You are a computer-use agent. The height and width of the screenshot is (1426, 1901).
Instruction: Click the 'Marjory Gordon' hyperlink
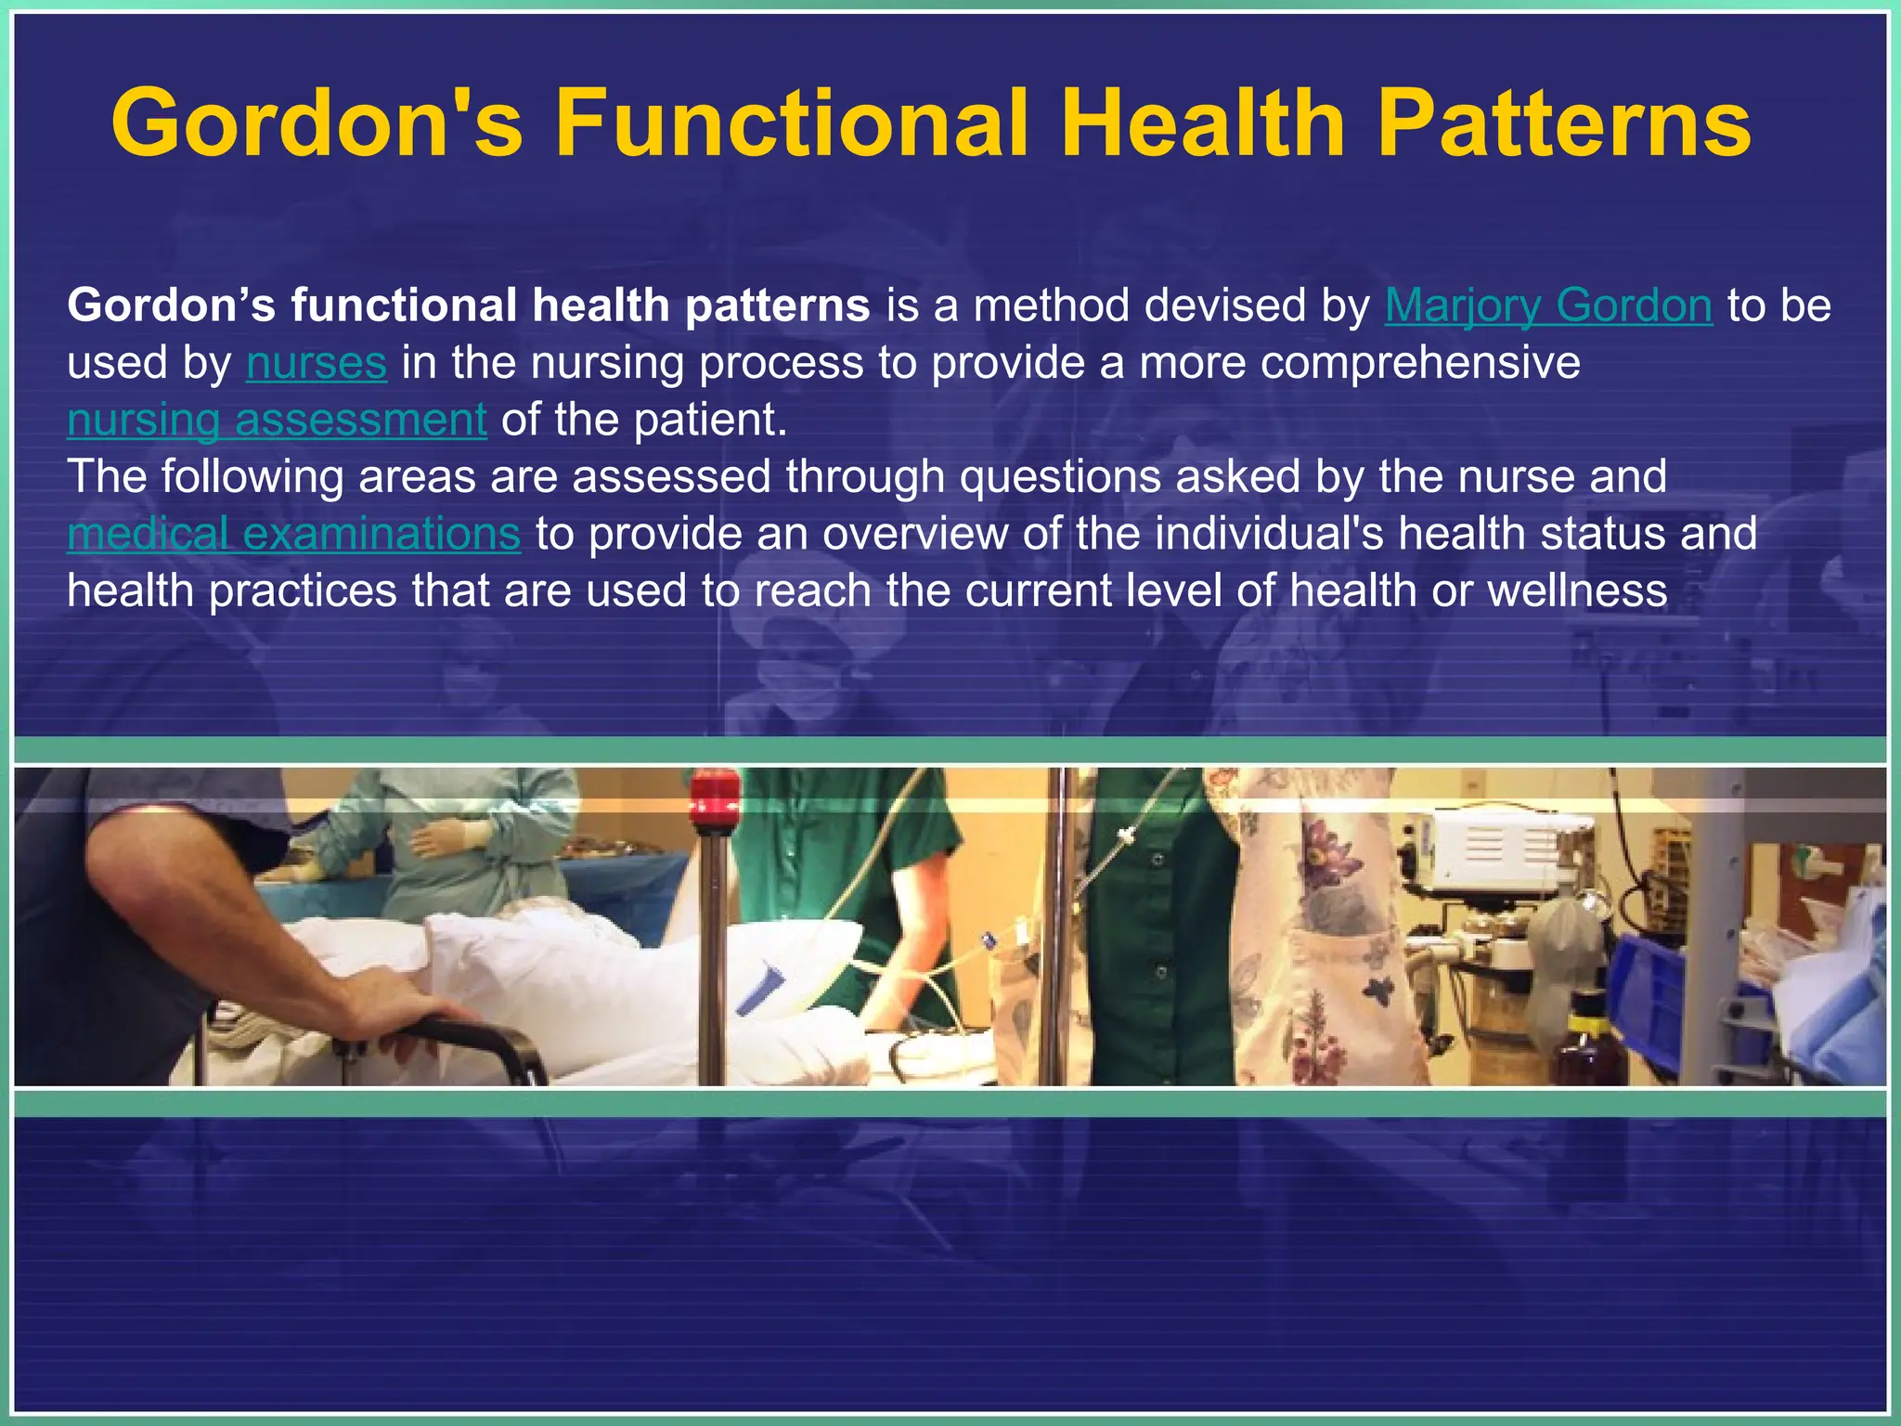1547,305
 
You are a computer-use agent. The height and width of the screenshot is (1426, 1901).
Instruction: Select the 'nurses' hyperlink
316,363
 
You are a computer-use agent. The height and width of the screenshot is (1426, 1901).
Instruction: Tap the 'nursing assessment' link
277,420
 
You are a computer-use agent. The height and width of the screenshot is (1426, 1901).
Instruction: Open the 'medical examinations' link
293,534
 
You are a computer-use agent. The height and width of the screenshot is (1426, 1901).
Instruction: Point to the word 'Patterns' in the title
1563,123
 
